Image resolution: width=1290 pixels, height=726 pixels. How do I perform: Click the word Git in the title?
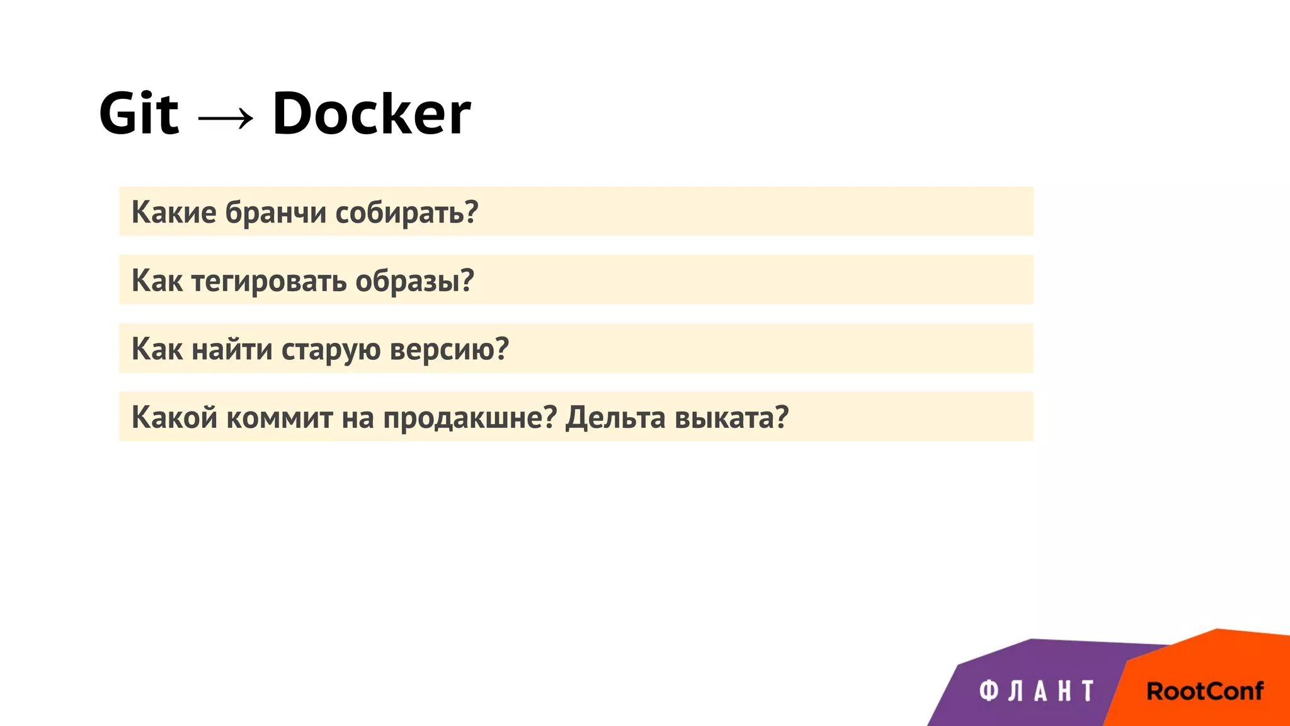click(x=139, y=114)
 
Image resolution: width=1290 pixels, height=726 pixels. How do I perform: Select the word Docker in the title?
click(x=371, y=114)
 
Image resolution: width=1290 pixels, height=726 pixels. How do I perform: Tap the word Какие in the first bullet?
click(x=174, y=212)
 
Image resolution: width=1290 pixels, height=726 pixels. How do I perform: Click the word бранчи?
click(x=276, y=212)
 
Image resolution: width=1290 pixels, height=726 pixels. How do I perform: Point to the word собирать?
click(x=406, y=212)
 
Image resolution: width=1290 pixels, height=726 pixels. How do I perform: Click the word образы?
click(x=414, y=281)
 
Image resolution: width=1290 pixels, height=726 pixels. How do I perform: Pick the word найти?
click(x=232, y=349)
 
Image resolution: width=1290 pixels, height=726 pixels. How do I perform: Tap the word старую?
click(x=331, y=349)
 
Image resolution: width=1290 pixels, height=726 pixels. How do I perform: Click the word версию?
click(x=449, y=349)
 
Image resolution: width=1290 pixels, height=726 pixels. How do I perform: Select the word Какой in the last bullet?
click(x=174, y=417)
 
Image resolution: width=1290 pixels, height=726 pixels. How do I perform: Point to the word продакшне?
click(x=470, y=417)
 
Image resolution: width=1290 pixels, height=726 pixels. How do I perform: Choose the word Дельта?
click(x=615, y=417)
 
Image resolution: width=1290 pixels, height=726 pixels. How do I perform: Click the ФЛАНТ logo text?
click(x=1037, y=691)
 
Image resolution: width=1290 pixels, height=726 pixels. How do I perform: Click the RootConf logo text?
click(x=1204, y=691)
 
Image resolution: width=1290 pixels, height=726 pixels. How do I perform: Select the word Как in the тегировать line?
click(x=157, y=281)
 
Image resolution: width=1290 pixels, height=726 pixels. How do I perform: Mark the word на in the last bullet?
click(x=358, y=417)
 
